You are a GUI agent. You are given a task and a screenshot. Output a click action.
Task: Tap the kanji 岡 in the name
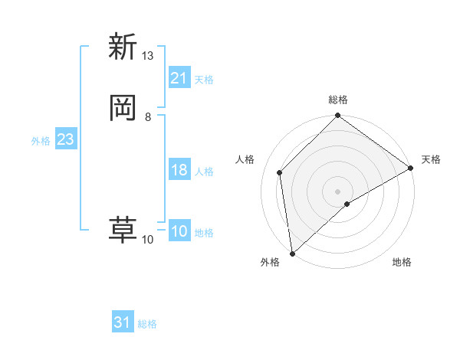click(x=123, y=109)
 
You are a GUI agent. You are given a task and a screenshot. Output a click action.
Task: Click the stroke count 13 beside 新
click(x=147, y=56)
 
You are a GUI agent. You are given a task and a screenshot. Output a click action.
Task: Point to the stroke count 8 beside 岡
click(x=147, y=117)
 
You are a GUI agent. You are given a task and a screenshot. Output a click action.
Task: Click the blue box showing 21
click(x=179, y=78)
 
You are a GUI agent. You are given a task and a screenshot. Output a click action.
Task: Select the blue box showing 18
click(x=179, y=170)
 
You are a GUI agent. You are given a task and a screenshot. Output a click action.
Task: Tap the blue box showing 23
click(x=65, y=140)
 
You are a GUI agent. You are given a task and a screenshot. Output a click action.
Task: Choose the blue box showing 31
click(x=123, y=323)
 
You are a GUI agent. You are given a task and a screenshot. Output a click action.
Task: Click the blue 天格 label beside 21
click(x=204, y=79)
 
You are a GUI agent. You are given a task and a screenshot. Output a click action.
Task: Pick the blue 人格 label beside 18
click(x=204, y=171)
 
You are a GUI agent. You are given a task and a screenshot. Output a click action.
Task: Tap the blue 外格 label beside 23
click(x=41, y=141)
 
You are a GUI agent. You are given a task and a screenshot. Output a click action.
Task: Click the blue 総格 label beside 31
click(x=147, y=324)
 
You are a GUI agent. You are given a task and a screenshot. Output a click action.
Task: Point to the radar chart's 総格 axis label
click(x=338, y=100)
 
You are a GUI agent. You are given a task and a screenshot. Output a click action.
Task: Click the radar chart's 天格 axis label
click(x=431, y=159)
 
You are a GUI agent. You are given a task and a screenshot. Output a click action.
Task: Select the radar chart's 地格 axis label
click(x=402, y=262)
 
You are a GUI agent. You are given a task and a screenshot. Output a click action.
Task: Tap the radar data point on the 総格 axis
click(x=338, y=116)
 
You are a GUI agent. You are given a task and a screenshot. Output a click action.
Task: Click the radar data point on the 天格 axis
click(x=411, y=168)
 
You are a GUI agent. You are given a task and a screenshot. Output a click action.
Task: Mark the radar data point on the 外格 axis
click(x=292, y=253)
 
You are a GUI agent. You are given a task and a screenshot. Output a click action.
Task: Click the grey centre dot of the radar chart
click(x=337, y=191)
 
